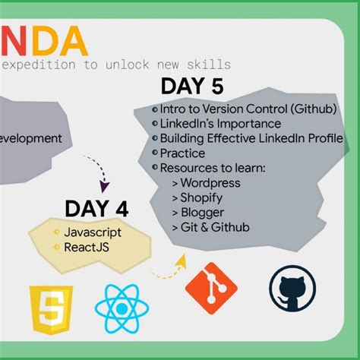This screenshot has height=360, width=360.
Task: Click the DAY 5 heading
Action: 191,87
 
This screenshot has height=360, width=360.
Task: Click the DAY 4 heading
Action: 96,207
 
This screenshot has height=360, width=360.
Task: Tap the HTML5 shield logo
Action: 50,311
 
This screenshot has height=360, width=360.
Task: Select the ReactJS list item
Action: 86,246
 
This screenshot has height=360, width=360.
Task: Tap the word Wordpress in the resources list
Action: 210,182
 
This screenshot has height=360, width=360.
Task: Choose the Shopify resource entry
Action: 201,197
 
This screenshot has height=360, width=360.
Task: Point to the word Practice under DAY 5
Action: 182,153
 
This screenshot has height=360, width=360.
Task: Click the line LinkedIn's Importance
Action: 220,123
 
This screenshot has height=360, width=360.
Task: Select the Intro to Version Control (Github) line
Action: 248,109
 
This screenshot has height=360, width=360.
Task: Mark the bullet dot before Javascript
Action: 56,231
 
